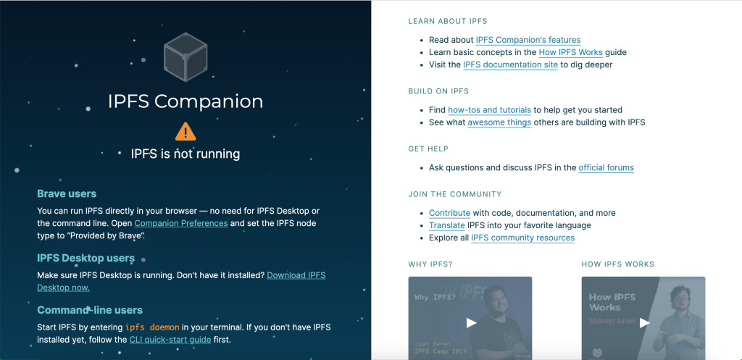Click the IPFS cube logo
pos(185,56)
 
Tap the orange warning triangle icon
pos(185,132)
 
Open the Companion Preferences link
pos(180,223)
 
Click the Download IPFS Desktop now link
pos(181,281)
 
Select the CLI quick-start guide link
pos(170,339)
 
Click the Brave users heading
pos(67,193)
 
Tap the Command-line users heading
pos(90,310)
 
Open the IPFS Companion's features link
pos(528,40)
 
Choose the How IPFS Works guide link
pos(571,52)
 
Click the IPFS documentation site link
pos(511,64)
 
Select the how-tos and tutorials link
pos(489,110)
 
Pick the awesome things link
pos(500,122)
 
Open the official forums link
pos(606,167)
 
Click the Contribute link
pos(449,213)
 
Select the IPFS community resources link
pos(523,238)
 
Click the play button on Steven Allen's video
pos(644,322)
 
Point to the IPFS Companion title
pos(185,101)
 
